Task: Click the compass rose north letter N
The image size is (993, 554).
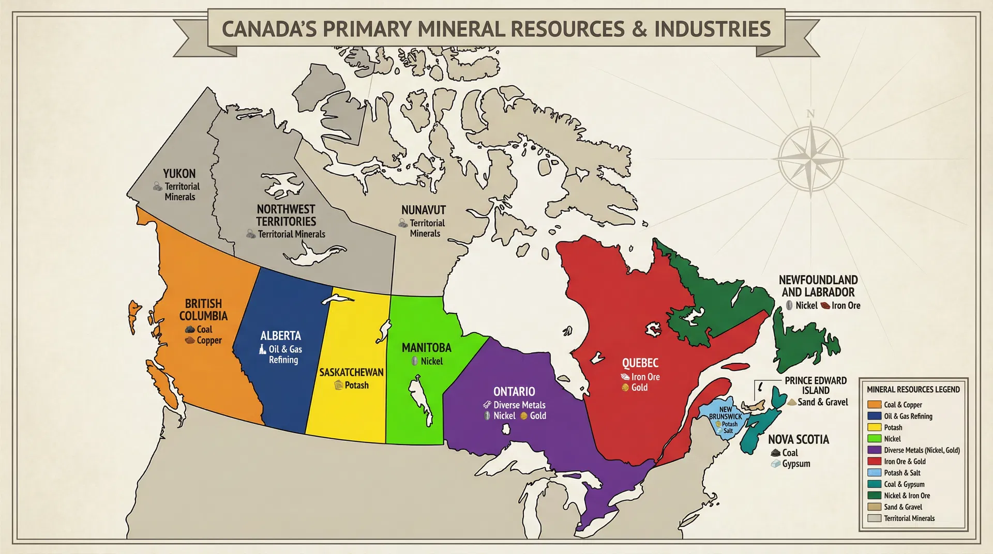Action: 810,114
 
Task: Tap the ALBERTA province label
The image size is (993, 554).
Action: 280,336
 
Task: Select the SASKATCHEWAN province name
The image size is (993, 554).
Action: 351,372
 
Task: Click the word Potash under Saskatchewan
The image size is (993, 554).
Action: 356,385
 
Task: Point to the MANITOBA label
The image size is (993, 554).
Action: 426,348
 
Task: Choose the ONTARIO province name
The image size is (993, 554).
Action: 514,392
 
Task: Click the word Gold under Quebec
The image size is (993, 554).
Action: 639,388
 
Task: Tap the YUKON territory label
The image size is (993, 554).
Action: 179,174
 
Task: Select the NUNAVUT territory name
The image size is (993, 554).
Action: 423,210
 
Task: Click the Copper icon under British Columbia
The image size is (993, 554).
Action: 190,341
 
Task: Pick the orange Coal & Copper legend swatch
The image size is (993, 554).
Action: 874,405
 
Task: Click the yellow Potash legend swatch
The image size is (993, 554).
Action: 874,427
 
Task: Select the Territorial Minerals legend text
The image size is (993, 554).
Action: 909,518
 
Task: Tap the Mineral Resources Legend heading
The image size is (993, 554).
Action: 913,390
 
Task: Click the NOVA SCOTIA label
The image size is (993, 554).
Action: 798,440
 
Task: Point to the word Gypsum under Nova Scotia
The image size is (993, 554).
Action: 796,464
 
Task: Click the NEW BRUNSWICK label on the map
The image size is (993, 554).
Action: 725,413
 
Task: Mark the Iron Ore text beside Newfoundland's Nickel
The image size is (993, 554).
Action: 846,305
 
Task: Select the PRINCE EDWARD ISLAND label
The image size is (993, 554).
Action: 816,386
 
